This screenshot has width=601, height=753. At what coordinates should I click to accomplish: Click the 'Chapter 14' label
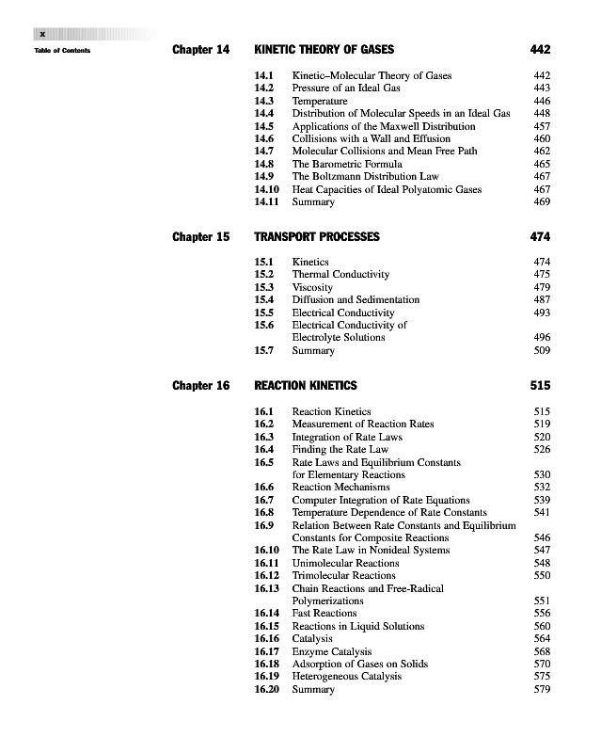(200, 49)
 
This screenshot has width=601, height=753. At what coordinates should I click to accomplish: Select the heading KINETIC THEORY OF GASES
(324, 49)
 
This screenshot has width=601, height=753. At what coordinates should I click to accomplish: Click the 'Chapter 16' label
(200, 385)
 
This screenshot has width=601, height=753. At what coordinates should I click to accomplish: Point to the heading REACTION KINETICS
(306, 385)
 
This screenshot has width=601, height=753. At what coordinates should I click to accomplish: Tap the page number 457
(541, 126)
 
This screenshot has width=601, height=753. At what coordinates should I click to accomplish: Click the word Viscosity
(313, 287)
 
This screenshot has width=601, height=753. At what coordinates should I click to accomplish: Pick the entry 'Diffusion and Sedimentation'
(356, 299)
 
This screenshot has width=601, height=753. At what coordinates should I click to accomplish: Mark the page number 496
(541, 337)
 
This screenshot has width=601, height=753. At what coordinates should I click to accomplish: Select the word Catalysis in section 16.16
(314, 639)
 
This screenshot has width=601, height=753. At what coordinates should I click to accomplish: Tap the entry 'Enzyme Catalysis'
(331, 651)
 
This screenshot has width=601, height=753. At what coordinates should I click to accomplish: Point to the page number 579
(541, 690)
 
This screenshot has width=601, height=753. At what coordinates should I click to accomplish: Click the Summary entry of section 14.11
(313, 202)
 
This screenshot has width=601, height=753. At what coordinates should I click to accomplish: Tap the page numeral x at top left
(41, 34)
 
